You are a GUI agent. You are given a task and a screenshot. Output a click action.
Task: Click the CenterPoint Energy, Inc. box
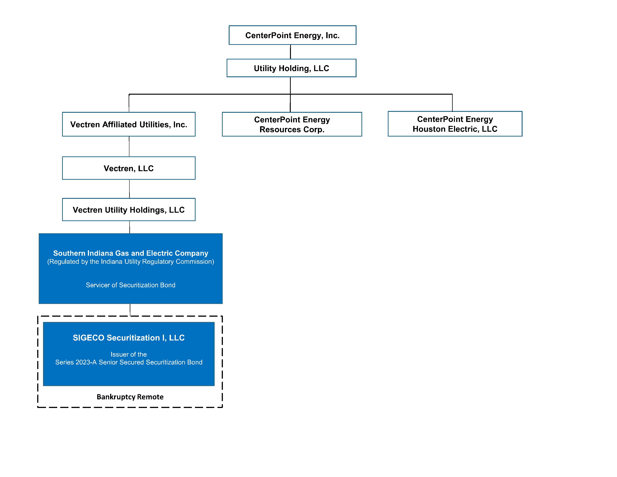tap(292, 35)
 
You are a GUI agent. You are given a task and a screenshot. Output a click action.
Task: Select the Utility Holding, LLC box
tap(291, 68)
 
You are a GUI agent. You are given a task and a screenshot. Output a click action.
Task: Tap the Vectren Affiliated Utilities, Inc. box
tap(129, 124)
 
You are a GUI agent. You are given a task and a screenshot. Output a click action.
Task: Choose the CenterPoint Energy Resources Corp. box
tap(292, 124)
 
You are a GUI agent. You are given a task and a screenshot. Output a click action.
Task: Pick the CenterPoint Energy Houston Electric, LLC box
tap(455, 124)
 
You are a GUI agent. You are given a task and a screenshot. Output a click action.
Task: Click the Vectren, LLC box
tap(129, 168)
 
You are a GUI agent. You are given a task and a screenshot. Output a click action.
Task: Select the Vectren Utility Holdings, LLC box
tap(129, 210)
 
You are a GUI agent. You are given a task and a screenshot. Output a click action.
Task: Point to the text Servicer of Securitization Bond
tap(131, 285)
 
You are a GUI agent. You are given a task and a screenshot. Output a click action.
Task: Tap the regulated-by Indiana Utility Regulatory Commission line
tap(131, 262)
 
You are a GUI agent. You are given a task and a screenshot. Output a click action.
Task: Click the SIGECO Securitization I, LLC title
tap(129, 338)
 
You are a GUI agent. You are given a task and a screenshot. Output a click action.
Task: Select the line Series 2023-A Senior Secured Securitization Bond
tap(129, 362)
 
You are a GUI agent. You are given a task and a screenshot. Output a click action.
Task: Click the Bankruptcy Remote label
tap(130, 397)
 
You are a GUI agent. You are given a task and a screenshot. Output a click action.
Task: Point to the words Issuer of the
tap(129, 354)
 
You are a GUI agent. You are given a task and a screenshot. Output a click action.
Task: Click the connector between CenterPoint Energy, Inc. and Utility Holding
tap(290, 52)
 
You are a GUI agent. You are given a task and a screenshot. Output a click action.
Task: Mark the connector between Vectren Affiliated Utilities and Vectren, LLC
tap(129, 146)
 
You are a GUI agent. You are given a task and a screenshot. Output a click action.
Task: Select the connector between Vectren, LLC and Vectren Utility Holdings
tap(129, 189)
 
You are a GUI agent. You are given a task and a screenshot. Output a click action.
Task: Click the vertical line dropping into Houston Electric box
tap(452, 103)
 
